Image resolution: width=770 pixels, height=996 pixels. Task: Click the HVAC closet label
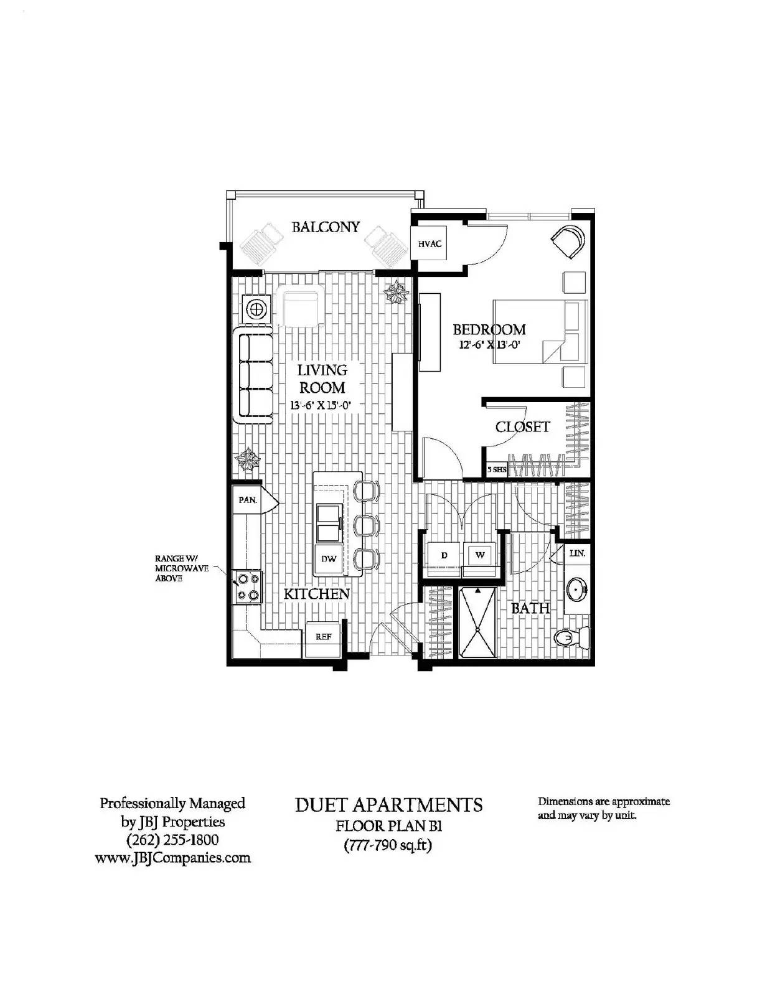[x=430, y=243]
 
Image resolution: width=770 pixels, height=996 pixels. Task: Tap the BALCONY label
[x=326, y=227]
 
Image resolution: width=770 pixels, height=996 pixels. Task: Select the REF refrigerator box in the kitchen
[x=323, y=637]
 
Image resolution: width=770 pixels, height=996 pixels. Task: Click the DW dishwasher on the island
[x=329, y=558]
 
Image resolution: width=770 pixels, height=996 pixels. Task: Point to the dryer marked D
[x=444, y=555]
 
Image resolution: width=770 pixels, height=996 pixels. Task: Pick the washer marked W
[x=480, y=555]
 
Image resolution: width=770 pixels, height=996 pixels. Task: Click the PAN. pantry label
[x=248, y=500]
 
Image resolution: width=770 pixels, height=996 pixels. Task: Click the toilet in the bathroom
[x=571, y=637]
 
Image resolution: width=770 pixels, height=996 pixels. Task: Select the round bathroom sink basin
[x=577, y=588]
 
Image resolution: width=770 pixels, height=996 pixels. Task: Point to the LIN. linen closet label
[x=576, y=553]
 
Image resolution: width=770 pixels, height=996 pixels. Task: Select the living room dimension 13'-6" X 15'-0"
[x=321, y=405]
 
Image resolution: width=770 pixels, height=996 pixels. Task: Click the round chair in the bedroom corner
[x=568, y=240]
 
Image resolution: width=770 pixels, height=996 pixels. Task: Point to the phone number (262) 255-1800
[x=172, y=839]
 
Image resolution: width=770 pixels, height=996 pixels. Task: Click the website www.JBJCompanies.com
[x=172, y=858]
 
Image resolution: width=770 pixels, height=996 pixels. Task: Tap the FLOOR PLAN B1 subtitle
[x=388, y=826]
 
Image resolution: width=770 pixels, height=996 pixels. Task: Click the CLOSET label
[x=522, y=427]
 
